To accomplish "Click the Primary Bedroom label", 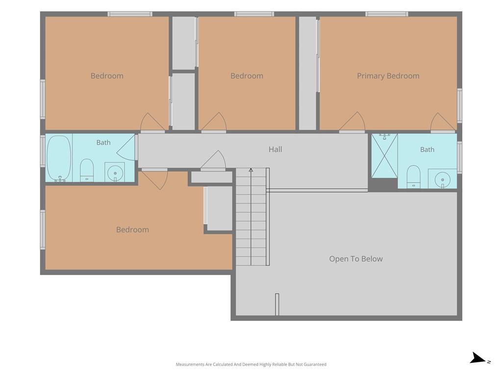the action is pyautogui.click(x=388, y=76).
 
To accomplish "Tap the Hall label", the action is pyautogui.click(x=276, y=149).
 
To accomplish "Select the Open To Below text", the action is pyautogui.click(x=356, y=259).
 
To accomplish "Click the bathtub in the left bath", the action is pyautogui.click(x=59, y=159).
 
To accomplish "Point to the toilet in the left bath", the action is pyautogui.click(x=86, y=170).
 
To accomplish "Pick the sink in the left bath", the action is pyautogui.click(x=115, y=172).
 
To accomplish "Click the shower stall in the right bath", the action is pyautogui.click(x=384, y=156).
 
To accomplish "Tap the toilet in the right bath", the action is pyautogui.click(x=413, y=177).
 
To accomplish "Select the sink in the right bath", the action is pyautogui.click(x=443, y=179).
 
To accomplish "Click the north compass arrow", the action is pyautogui.click(x=478, y=358).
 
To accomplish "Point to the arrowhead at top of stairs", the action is pyautogui.click(x=251, y=170).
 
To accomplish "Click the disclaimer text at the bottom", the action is pyautogui.click(x=251, y=364).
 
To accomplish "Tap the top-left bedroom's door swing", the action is pyautogui.click(x=152, y=122).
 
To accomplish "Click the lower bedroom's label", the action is pyautogui.click(x=132, y=230).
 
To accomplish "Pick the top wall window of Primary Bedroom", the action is pyautogui.click(x=387, y=14).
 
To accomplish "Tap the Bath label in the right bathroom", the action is pyautogui.click(x=427, y=150).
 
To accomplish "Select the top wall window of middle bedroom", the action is pyautogui.click(x=254, y=14).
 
